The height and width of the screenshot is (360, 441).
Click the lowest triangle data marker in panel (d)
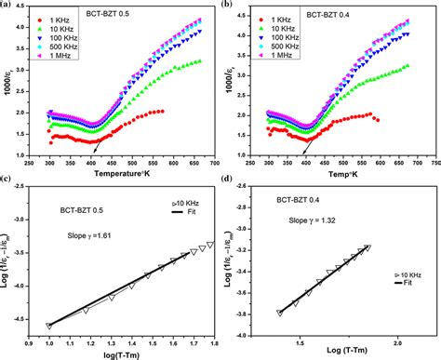coord(279,313)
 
